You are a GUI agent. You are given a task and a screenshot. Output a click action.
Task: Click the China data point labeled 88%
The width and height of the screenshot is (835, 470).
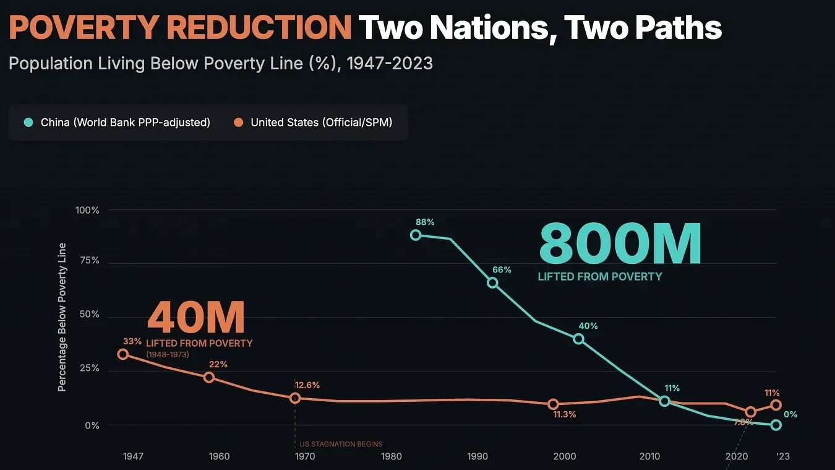[x=416, y=235]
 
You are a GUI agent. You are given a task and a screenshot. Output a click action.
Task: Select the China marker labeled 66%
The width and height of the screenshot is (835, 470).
[x=492, y=282]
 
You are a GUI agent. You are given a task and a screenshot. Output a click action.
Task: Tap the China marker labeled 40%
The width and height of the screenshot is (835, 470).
[x=578, y=339]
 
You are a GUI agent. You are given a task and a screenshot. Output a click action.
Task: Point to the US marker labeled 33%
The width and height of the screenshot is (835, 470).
[x=123, y=354]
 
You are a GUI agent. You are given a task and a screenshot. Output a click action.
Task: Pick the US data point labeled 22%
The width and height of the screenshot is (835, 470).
[x=209, y=377]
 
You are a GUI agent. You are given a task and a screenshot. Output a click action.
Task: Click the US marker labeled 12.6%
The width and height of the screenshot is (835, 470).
[x=295, y=398]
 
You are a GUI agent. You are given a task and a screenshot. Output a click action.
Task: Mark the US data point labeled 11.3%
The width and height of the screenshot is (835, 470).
[x=553, y=404]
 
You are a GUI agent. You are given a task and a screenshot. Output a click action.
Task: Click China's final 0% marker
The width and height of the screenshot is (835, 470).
[x=776, y=425]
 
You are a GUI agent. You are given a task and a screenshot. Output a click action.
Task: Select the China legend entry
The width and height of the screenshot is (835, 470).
[x=118, y=123]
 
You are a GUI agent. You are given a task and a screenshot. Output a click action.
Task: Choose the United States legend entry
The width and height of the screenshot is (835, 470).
[x=314, y=123]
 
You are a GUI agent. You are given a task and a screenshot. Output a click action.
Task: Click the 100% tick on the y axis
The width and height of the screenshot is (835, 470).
[x=87, y=211]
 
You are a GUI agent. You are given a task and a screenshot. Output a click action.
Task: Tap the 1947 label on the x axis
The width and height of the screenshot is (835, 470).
[x=133, y=457]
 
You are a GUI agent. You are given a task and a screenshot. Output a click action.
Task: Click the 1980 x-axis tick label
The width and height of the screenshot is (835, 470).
[x=392, y=457]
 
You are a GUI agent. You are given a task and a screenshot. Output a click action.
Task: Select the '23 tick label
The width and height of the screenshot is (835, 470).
[x=782, y=457]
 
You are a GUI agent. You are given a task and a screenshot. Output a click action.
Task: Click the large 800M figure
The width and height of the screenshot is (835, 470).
[x=620, y=244]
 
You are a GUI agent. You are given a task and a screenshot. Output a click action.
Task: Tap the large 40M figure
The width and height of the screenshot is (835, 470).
[x=195, y=318]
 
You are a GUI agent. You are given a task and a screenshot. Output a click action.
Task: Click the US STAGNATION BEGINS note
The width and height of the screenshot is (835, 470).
[x=341, y=444]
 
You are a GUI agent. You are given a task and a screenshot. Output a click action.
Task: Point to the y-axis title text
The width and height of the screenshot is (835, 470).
[x=62, y=317]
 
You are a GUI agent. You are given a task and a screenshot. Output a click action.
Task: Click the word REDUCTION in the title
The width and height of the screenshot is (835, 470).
[x=259, y=28]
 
